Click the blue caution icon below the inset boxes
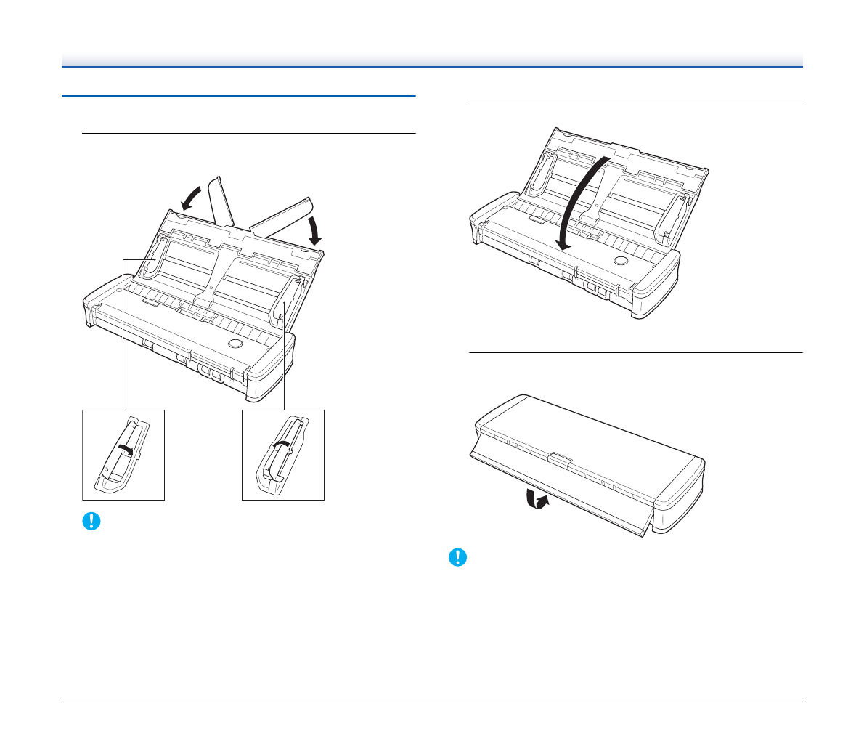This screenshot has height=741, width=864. pos(91,522)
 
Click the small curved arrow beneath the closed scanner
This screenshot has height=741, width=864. pos(537,501)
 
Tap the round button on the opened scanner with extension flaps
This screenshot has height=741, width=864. pos(235,342)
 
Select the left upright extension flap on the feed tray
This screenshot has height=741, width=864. pos(220,200)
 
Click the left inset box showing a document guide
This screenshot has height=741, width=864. pos(123,455)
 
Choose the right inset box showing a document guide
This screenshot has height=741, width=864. pos(283,455)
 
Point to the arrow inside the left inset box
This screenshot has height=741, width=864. pos(125,451)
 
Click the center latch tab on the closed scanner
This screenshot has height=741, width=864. pos(560,458)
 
